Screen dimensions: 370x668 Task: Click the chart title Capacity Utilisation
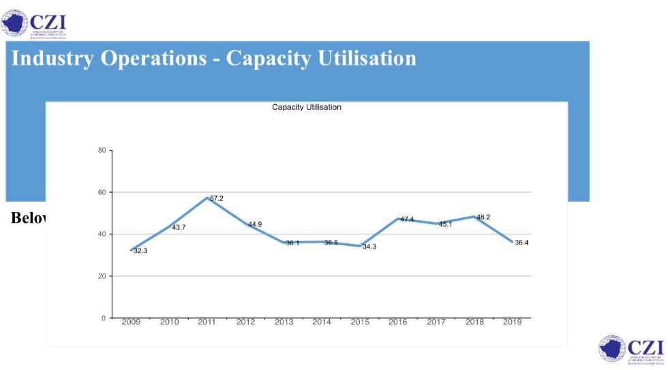point(306,107)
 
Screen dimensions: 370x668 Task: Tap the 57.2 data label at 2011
point(216,198)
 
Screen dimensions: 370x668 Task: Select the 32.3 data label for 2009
point(140,251)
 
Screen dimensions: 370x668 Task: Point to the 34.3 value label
point(369,247)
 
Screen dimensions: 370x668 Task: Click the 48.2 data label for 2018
point(483,217)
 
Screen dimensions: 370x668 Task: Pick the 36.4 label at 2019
point(521,243)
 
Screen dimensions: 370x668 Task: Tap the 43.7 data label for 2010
point(179,227)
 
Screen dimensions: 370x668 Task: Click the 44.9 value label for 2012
point(254,224)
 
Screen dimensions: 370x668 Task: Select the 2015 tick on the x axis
point(360,322)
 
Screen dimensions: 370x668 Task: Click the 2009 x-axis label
point(131,322)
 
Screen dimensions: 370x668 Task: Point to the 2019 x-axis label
point(512,322)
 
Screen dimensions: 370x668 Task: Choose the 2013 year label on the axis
point(284,322)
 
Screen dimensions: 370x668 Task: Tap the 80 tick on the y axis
point(102,150)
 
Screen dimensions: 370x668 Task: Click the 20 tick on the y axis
point(102,276)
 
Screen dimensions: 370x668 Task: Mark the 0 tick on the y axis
point(104,318)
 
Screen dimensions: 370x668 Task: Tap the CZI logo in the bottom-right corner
point(631,350)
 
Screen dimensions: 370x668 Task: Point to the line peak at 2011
point(207,198)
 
